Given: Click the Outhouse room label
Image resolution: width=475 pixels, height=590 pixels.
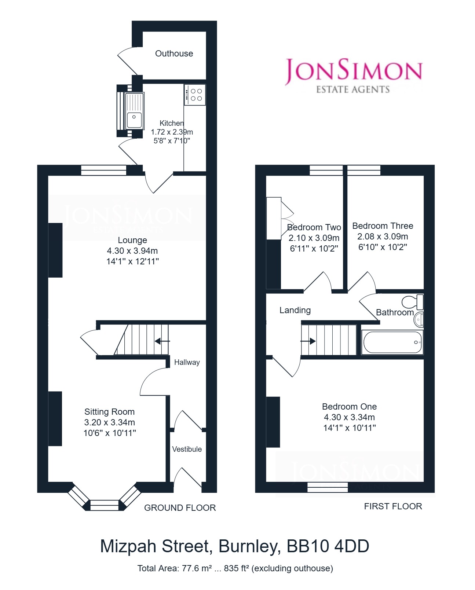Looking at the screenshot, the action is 174,54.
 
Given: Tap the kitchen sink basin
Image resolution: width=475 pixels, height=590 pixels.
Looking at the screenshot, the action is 134,120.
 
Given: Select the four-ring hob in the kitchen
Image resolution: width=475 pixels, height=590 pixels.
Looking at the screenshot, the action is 195,95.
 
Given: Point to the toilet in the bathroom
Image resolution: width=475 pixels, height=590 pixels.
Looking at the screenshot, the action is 413,302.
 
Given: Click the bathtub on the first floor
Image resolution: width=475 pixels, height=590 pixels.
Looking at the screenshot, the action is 392,342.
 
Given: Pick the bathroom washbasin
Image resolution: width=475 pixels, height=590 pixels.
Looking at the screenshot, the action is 419,319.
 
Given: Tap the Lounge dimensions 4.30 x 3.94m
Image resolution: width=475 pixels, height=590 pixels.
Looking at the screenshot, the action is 132,250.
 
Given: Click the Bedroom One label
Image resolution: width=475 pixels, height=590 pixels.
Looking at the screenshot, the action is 349,406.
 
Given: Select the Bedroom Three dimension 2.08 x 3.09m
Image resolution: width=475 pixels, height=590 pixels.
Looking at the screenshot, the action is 383,236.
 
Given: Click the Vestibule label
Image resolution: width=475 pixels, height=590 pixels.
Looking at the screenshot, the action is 187,449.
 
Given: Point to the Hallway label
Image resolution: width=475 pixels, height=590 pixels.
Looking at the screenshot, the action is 187,362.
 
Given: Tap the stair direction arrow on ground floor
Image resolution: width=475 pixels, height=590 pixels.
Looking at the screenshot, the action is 162,341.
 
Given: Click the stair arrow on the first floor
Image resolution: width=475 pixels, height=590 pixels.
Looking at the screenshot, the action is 308,341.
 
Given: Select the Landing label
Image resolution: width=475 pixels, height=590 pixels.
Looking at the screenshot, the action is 295,310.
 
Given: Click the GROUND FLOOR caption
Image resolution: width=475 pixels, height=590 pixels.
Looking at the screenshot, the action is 180,508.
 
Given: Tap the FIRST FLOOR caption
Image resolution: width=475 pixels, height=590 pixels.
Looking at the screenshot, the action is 393,506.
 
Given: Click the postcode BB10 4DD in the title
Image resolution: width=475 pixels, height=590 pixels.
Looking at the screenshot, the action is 328,546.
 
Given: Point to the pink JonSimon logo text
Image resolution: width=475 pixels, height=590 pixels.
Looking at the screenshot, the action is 354,71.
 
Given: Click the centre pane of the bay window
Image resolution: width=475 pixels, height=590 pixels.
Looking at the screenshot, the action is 105,505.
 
